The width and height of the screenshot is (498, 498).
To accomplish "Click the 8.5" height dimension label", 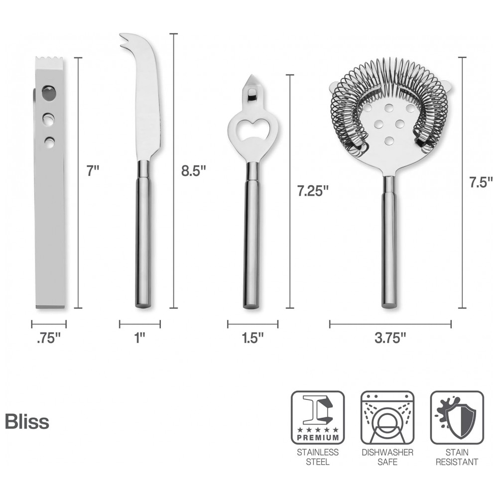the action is [194, 171].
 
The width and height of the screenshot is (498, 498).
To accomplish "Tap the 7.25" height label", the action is [312, 191].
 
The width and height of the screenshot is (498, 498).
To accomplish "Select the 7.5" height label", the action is [481, 182].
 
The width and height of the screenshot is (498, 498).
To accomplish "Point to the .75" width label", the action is [49, 338].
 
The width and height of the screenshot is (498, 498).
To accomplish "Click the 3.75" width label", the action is [390, 338].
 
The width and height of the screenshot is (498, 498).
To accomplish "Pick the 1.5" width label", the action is [252, 338].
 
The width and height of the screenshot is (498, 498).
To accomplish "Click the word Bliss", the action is [27, 422].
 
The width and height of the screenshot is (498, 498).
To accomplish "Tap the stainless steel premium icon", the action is [318, 417].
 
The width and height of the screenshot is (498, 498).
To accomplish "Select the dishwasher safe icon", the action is [387, 417].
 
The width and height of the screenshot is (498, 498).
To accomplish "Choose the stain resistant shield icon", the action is [457, 417].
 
